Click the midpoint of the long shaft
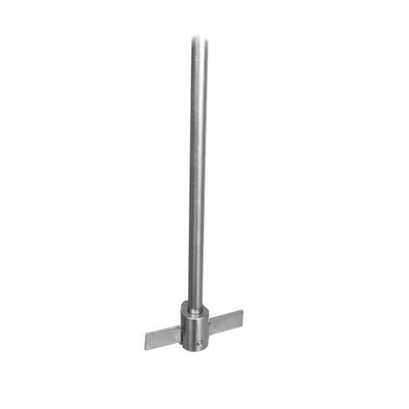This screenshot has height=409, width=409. (x=197, y=169)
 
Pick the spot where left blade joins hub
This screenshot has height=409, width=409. (x=181, y=331)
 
